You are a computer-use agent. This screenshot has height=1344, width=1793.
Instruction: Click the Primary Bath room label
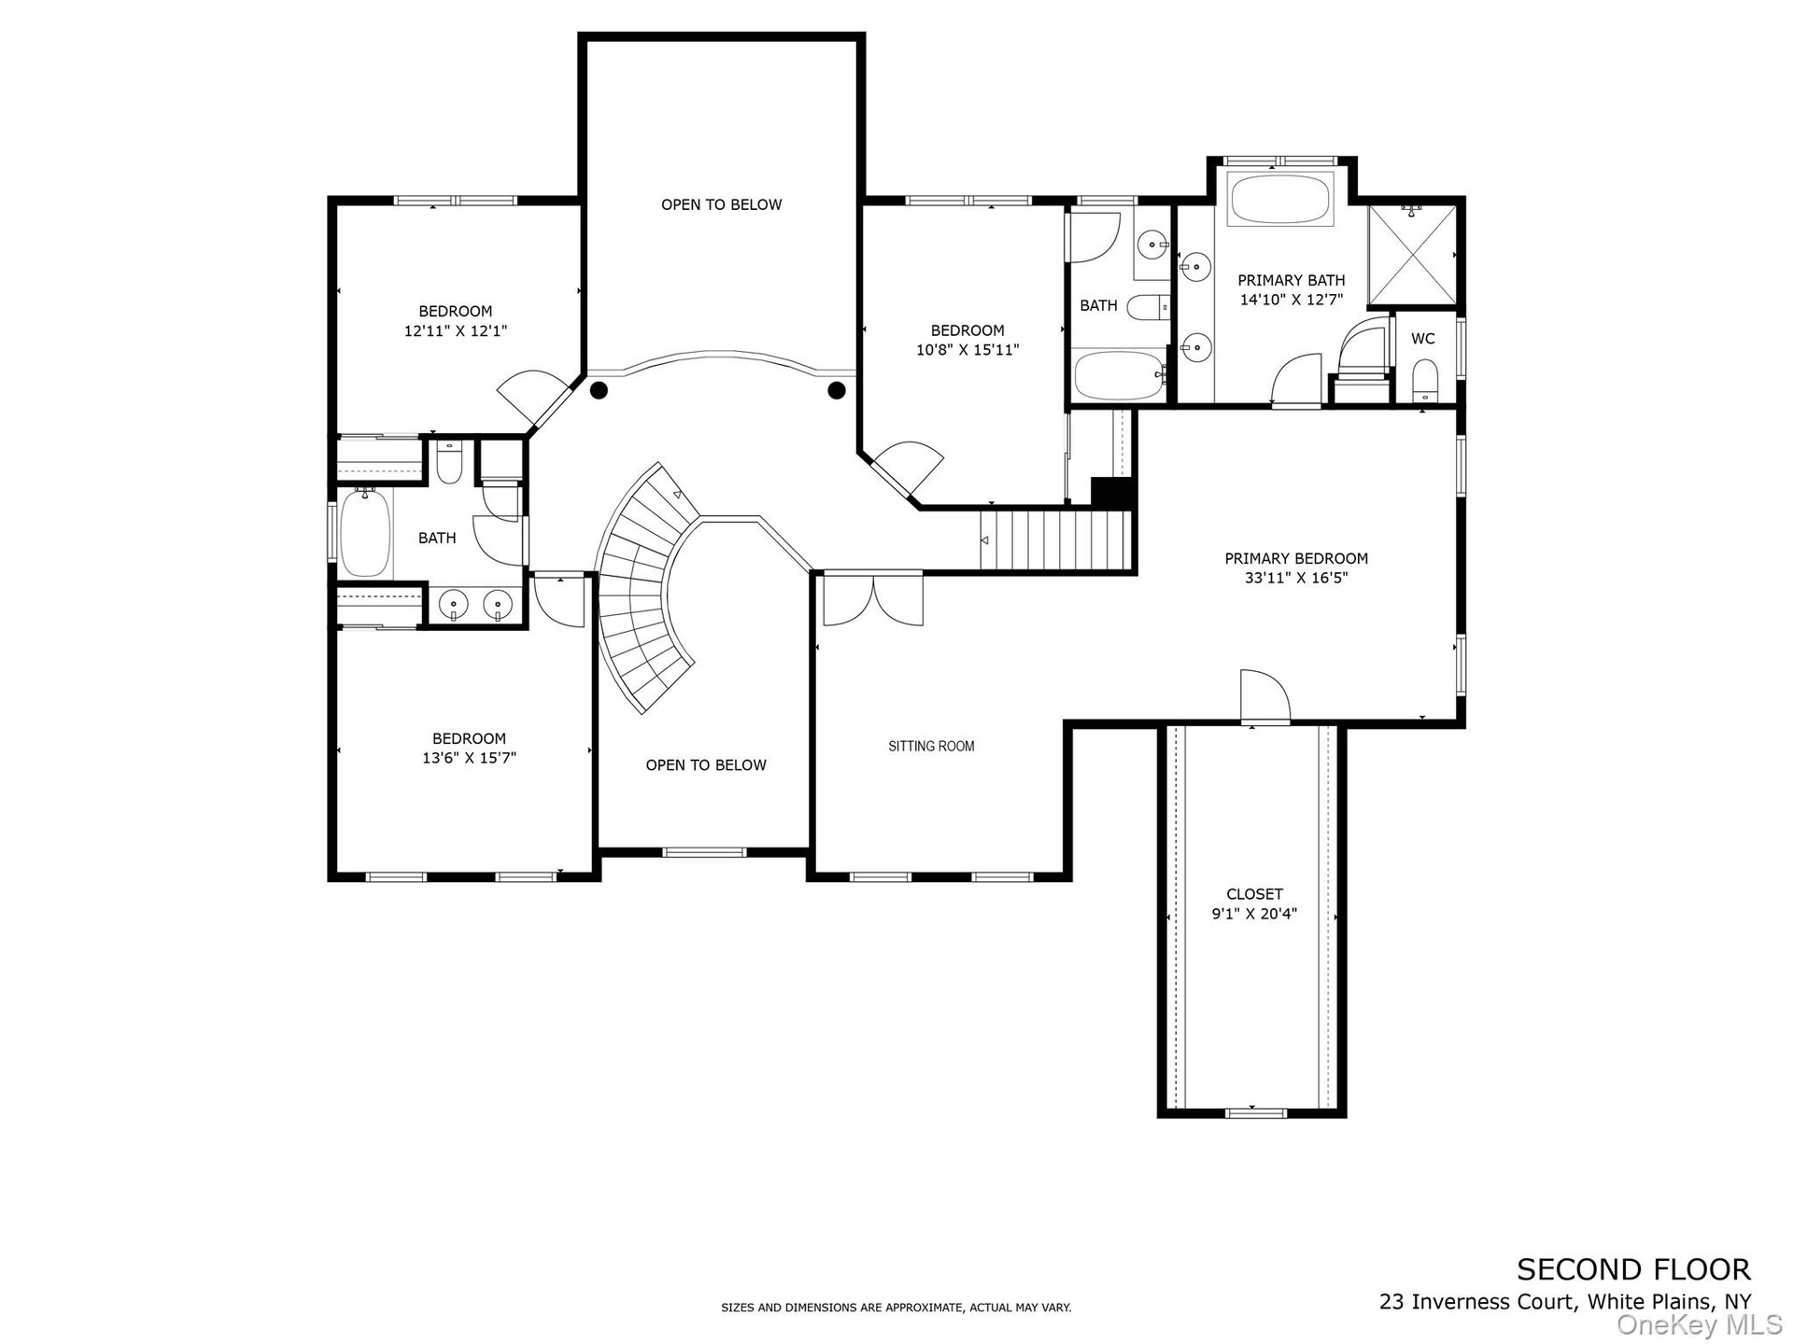(x=1291, y=280)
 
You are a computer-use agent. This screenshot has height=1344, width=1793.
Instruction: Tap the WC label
(x=1422, y=339)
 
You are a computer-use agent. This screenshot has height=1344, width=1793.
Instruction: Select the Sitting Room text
(x=931, y=746)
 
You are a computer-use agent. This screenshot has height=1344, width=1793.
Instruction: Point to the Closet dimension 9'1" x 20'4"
(x=1254, y=915)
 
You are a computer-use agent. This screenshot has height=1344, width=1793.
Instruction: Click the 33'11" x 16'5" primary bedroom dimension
(x=1296, y=578)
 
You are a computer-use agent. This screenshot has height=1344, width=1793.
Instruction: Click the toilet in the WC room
(x=1425, y=380)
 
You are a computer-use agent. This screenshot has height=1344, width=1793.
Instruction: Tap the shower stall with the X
(x=1411, y=255)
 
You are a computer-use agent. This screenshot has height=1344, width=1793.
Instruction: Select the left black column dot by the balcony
(x=600, y=390)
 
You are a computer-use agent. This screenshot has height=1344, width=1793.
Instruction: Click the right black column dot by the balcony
(x=837, y=390)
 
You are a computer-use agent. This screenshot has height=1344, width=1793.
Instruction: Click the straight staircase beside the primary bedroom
(x=1055, y=539)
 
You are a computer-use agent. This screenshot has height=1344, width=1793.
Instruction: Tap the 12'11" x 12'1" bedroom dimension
(x=456, y=330)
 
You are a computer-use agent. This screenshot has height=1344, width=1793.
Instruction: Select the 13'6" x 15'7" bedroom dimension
(x=469, y=758)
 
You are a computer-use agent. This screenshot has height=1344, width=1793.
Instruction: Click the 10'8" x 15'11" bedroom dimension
(x=967, y=350)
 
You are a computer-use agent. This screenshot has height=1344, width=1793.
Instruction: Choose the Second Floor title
(x=1633, y=1269)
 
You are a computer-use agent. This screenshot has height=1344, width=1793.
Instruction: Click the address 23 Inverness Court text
(x=1479, y=1301)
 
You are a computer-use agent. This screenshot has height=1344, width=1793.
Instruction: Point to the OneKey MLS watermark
(x=1701, y=1325)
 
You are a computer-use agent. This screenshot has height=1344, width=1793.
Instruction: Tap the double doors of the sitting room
(x=873, y=599)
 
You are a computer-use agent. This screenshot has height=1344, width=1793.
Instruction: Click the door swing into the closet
(x=1264, y=695)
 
